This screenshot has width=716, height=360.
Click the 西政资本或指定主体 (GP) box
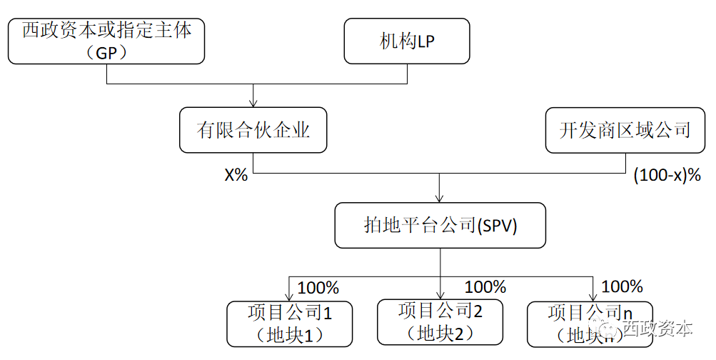pos(106,41)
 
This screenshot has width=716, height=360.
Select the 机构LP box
pos(407,41)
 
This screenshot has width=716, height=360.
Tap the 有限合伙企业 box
pos(253,130)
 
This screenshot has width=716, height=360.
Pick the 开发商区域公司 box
pos(625,130)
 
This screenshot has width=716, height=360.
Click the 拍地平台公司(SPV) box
pos(440,225)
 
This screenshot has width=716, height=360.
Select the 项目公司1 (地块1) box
pos(290,323)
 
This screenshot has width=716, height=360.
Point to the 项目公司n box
pos(590,323)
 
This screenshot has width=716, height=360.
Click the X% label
pos(236,175)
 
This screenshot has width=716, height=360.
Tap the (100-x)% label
pos(667,175)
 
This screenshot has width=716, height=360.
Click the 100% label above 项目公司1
pos(318,288)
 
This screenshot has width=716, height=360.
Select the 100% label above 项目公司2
pos(485,287)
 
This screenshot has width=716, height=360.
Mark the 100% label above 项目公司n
pos(622,287)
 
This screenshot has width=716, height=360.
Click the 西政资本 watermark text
pos(657,329)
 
